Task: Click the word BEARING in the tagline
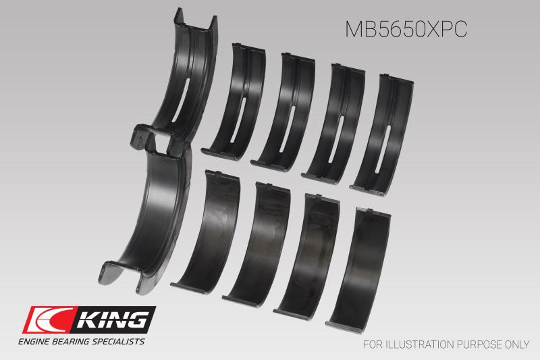click(x=76, y=342)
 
